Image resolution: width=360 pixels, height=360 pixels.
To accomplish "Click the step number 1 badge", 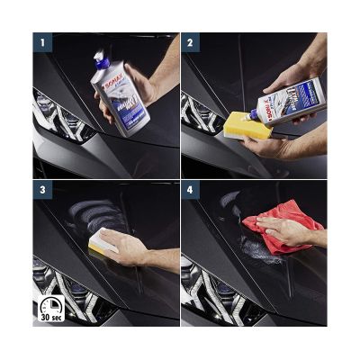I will (41, 41).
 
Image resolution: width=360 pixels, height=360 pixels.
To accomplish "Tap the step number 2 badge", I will (190, 41).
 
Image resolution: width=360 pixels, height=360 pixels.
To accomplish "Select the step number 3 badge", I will (41, 190).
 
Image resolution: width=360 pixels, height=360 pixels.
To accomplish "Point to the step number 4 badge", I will (190, 190).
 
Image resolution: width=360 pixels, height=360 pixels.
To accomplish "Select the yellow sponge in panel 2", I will (242, 115).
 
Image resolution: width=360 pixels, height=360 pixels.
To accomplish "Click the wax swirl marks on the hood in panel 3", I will (90, 216).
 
